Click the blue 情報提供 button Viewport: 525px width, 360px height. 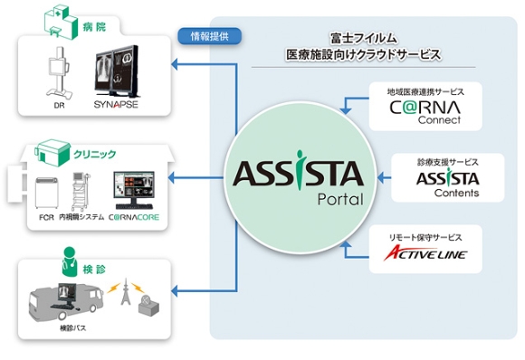(x=209, y=36)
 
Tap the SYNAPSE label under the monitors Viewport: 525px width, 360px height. (x=116, y=104)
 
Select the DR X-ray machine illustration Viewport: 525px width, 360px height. (x=59, y=72)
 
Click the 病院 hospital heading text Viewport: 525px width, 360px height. (x=95, y=27)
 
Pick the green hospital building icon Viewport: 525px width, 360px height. (x=62, y=22)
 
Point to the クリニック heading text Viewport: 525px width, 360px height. (x=95, y=155)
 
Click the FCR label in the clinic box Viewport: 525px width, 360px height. (x=46, y=217)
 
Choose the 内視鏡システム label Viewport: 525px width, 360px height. (x=81, y=217)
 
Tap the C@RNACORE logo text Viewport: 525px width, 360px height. (x=134, y=217)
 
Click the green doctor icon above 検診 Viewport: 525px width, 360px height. (x=70, y=261)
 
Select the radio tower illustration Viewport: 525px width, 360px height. (x=126, y=291)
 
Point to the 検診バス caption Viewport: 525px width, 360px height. (x=73, y=328)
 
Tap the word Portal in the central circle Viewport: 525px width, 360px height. (x=340, y=200)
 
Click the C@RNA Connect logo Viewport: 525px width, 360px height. (x=425, y=112)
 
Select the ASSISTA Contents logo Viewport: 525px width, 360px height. (x=448, y=184)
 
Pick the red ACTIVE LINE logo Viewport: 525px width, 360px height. (x=425, y=253)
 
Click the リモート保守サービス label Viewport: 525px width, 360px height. (x=425, y=238)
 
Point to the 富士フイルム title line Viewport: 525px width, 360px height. (x=363, y=39)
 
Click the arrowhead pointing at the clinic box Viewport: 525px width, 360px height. (x=172, y=177)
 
